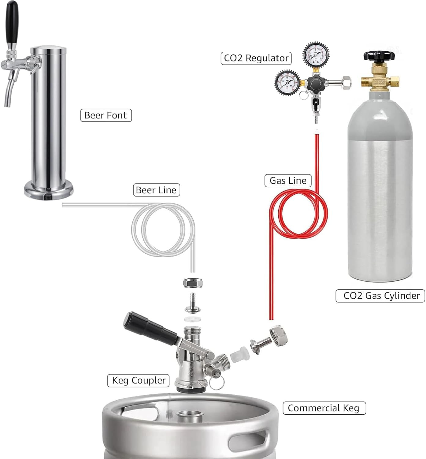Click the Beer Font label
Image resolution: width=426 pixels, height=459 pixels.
[106, 115]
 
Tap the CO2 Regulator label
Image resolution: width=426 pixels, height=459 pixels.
[256, 58]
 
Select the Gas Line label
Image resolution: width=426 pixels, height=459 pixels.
[288, 181]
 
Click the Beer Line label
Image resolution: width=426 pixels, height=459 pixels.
[156, 190]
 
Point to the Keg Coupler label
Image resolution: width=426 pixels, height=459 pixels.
[138, 380]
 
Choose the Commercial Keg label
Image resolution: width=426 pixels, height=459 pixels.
[324, 408]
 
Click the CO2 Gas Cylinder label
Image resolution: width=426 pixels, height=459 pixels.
[380, 296]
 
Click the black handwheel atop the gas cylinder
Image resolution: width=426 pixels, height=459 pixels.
[379, 56]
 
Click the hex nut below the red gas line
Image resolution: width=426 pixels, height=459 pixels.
[279, 336]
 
